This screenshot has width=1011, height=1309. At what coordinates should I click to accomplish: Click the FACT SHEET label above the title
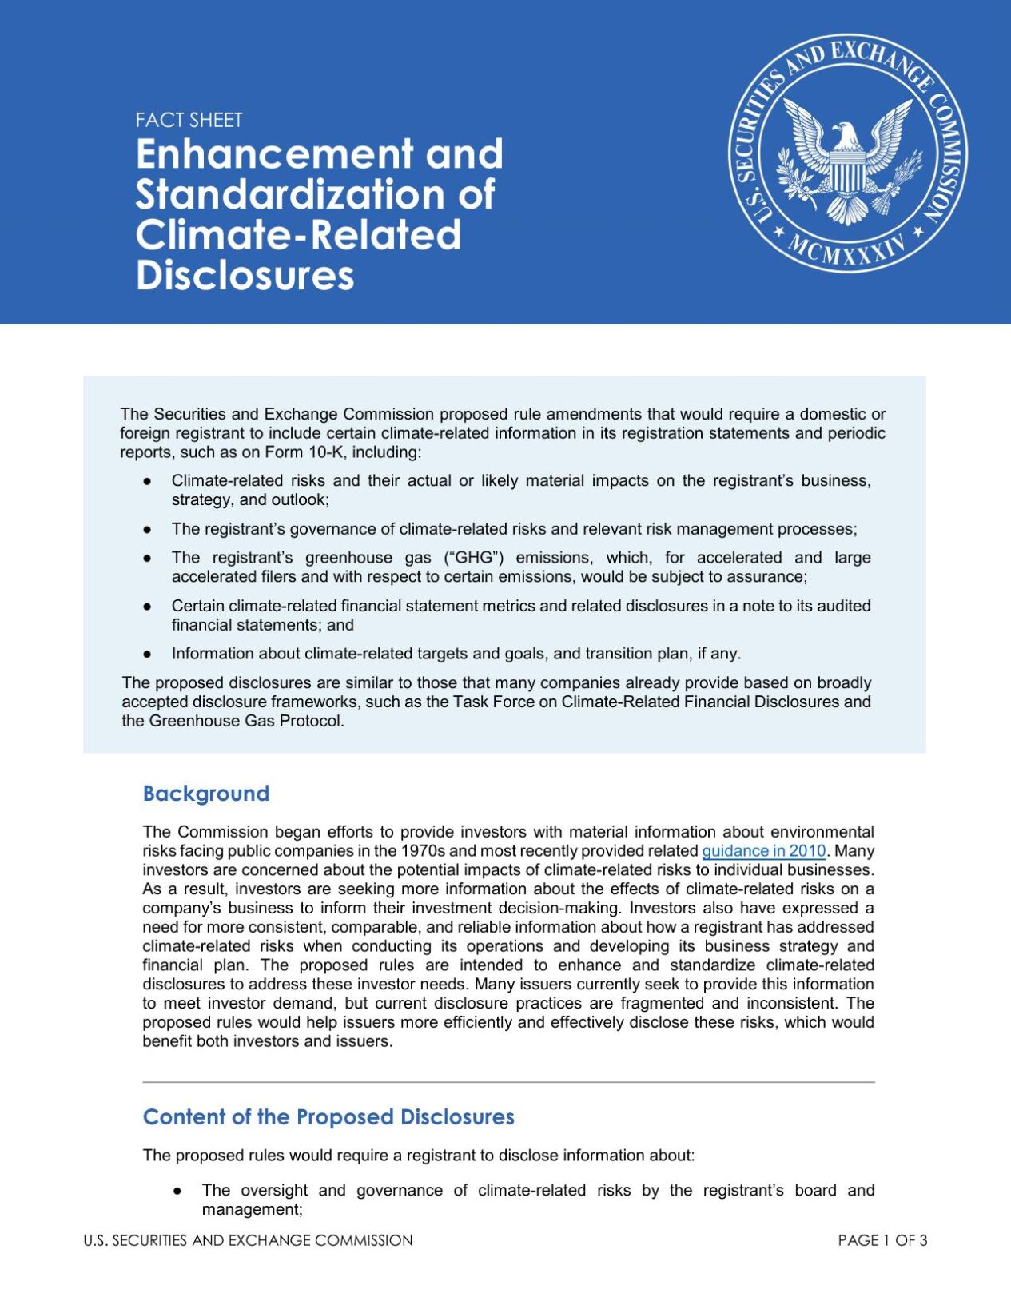pyautogui.click(x=189, y=121)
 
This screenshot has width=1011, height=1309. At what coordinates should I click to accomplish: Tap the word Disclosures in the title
pyautogui.click(x=245, y=276)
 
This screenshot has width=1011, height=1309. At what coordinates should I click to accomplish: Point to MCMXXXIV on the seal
pyautogui.click(x=848, y=251)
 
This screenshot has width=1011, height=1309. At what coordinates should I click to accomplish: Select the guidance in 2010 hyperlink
pyautogui.click(x=763, y=851)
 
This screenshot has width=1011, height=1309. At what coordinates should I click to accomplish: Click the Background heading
pyautogui.click(x=205, y=794)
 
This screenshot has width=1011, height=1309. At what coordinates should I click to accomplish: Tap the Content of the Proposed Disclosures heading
pyautogui.click(x=328, y=1117)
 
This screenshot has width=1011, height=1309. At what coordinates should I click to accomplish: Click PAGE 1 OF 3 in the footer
pyautogui.click(x=882, y=1240)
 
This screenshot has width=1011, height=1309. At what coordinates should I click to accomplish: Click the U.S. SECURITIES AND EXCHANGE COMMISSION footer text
pyautogui.click(x=248, y=1240)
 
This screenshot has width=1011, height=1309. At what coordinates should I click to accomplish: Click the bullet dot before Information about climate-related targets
pyautogui.click(x=147, y=654)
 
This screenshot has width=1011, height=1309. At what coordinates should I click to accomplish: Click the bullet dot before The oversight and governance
pyautogui.click(x=177, y=1191)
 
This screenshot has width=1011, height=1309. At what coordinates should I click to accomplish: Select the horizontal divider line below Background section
pyautogui.click(x=508, y=1082)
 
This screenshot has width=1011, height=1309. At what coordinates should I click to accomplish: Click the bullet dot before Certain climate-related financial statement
pyautogui.click(x=147, y=607)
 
